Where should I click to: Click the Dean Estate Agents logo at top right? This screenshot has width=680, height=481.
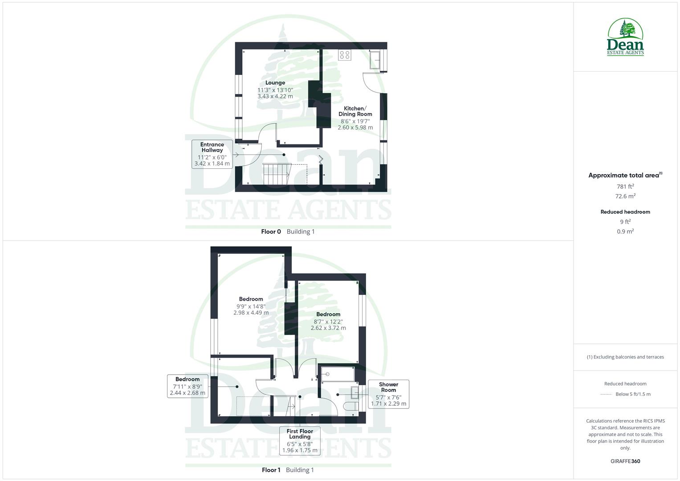(x=625, y=37)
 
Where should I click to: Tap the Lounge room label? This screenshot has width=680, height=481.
(x=275, y=83)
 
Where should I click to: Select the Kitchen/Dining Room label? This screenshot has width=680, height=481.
(x=355, y=111)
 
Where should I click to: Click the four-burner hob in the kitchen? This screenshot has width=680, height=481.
(x=345, y=55)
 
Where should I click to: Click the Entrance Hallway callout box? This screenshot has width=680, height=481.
(x=212, y=154)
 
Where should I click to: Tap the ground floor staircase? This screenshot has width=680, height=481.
(x=276, y=174)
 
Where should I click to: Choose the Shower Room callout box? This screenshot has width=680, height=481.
(x=388, y=394)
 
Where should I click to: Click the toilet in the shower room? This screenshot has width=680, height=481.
(x=350, y=407)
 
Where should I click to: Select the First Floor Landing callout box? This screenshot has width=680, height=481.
(x=300, y=440)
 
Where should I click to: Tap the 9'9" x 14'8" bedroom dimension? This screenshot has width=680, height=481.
(x=251, y=306)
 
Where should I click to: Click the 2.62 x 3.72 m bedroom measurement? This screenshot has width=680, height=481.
(x=328, y=328)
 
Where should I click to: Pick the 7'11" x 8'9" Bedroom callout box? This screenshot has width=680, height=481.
(x=187, y=386)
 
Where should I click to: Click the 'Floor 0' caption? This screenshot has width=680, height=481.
(x=271, y=232)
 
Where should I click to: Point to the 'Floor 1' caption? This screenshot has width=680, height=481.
(x=271, y=470)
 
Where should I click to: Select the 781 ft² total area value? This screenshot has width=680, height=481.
(x=625, y=187)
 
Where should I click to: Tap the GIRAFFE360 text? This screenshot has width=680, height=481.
(x=625, y=461)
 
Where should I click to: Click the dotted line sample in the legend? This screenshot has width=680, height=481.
(x=606, y=394)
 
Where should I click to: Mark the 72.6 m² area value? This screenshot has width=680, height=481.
(x=625, y=196)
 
